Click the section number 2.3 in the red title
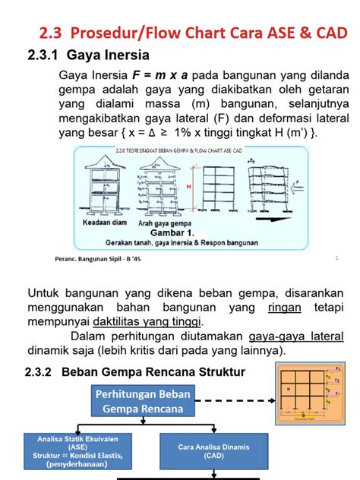[x=54, y=33]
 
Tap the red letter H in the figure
[x=189, y=186]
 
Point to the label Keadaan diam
[x=106, y=224]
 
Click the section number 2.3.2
[x=43, y=372]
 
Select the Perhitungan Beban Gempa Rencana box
[x=143, y=400]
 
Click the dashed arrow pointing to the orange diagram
[x=235, y=399]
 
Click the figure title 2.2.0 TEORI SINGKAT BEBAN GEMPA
[x=190, y=151]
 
